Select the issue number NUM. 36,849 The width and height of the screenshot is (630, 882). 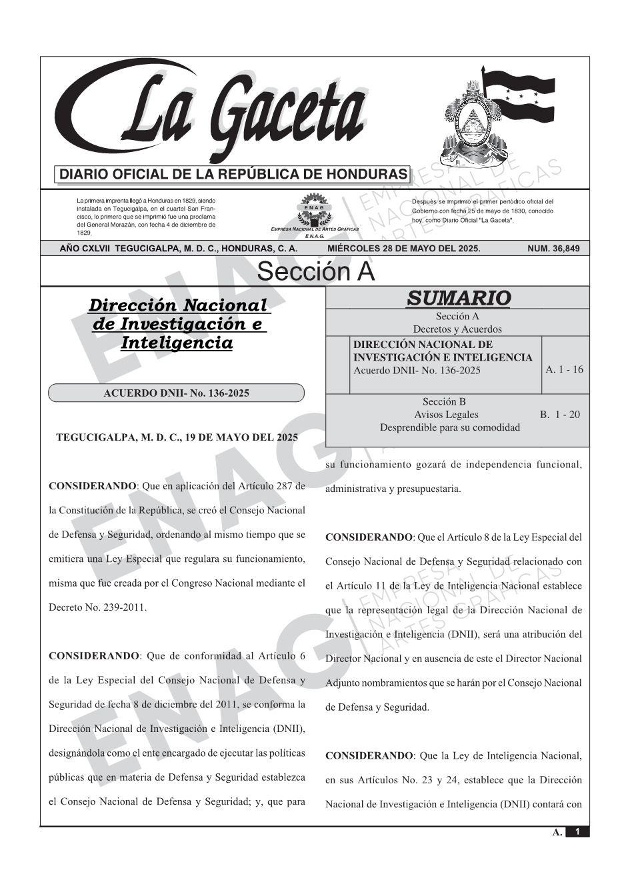click(553, 249)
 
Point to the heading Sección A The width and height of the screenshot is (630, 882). click(315, 272)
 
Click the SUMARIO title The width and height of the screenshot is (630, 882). click(458, 298)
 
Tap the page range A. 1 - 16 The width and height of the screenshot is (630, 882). click(564, 369)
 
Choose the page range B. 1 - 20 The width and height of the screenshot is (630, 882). click(560, 415)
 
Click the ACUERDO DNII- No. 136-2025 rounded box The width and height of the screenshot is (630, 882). click(176, 393)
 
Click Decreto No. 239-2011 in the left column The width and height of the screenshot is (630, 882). click(97, 607)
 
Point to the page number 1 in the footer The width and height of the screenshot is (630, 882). click(577, 831)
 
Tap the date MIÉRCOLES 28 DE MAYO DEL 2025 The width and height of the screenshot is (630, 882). click(403, 249)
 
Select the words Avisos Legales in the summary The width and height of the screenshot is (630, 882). click(446, 415)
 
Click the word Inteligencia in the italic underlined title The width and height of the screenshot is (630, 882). click(177, 343)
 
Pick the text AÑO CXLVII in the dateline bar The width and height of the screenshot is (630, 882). click(86, 249)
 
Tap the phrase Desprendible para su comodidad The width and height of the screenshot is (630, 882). click(449, 427)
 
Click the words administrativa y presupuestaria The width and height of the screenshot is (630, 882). click(393, 489)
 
